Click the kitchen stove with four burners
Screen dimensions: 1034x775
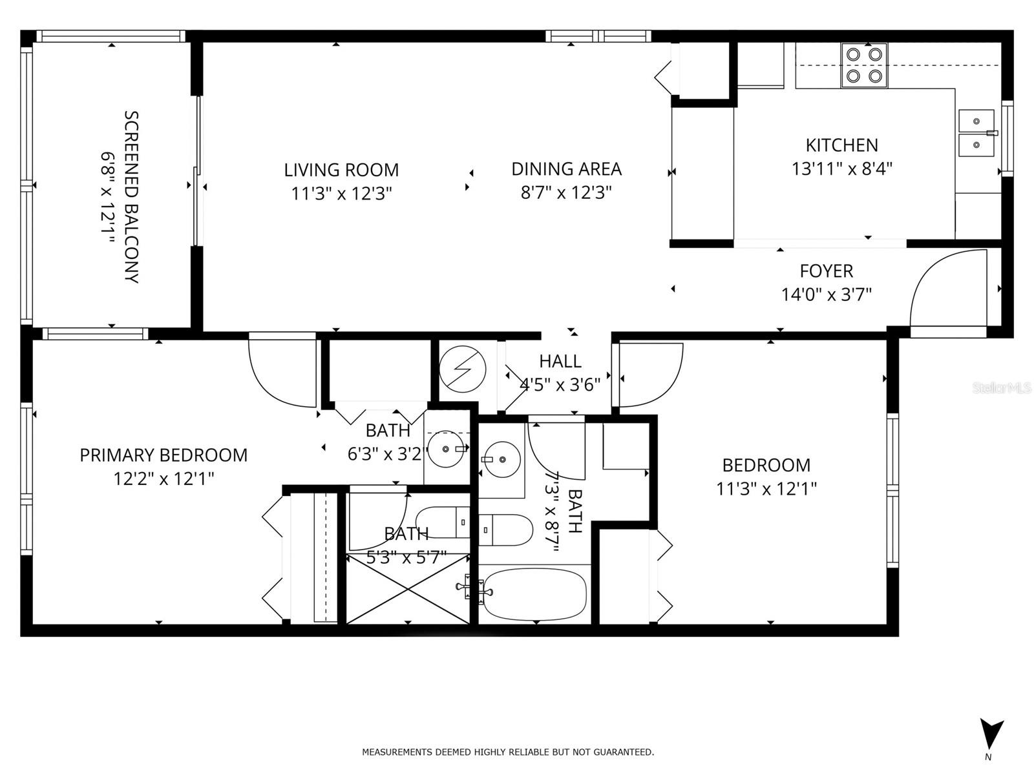pyautogui.click(x=864, y=65)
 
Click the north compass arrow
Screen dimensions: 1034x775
pyautogui.click(x=991, y=736)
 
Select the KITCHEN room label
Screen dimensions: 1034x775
pyautogui.click(x=842, y=145)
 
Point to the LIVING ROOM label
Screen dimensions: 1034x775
pyautogui.click(x=341, y=170)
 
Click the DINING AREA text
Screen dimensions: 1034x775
pyautogui.click(x=566, y=169)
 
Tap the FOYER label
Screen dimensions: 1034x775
pyautogui.click(x=827, y=271)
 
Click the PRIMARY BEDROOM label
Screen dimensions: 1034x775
pyautogui.click(x=164, y=455)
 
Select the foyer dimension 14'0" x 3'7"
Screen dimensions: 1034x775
pyautogui.click(x=827, y=295)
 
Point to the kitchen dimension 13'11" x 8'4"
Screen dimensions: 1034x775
pyautogui.click(x=842, y=169)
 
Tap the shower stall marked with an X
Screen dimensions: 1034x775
pyautogui.click(x=408, y=590)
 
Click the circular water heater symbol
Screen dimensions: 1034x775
pyautogui.click(x=462, y=369)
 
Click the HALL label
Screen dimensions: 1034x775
pyautogui.click(x=560, y=362)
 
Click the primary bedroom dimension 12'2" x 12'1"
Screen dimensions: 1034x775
pyautogui.click(x=164, y=479)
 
